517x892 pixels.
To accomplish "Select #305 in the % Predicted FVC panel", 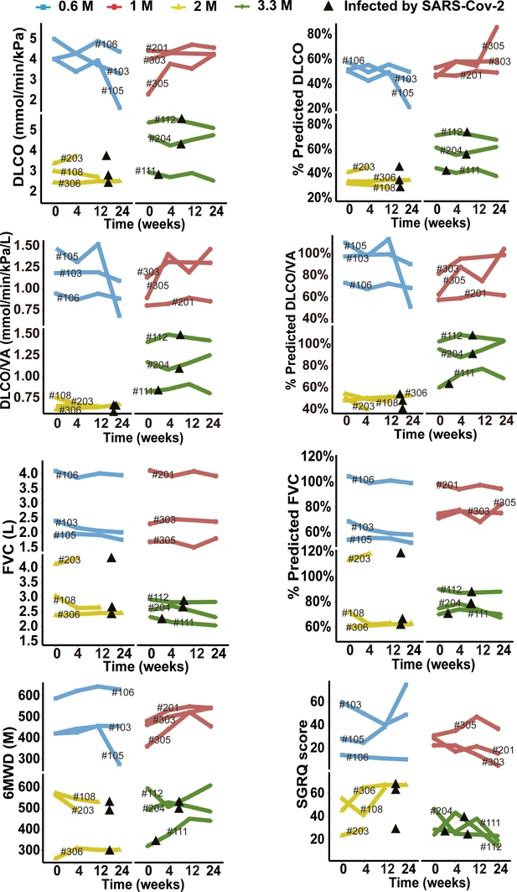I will click(504, 503).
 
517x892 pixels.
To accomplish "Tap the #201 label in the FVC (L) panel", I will click(163, 476).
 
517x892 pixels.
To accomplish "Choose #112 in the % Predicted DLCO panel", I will click(451, 132).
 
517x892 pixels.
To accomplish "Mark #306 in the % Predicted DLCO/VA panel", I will click(416, 394).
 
